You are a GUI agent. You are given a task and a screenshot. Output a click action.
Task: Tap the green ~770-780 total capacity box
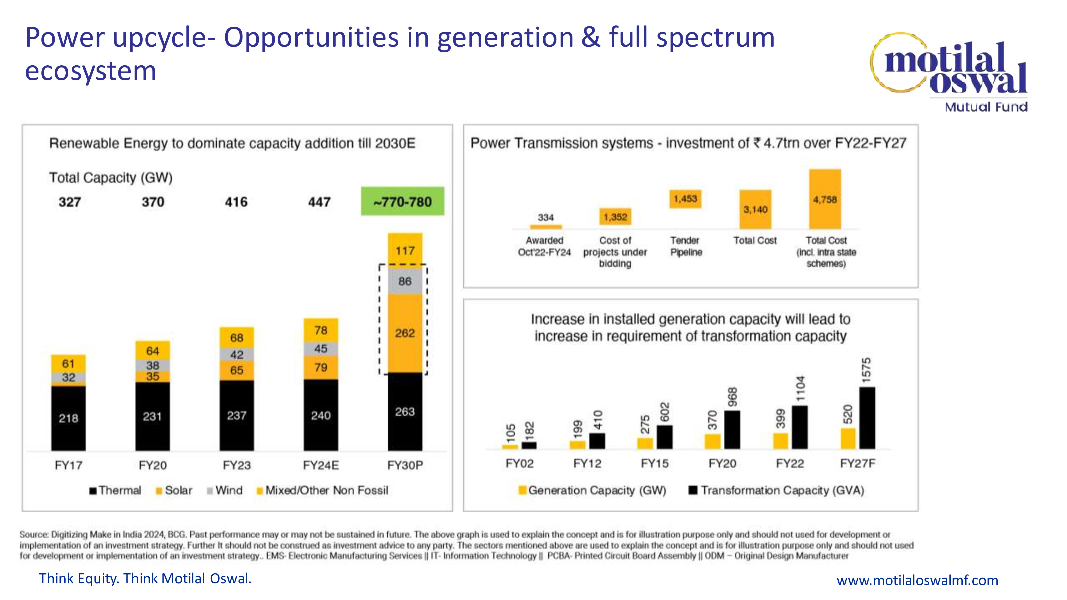click(402, 202)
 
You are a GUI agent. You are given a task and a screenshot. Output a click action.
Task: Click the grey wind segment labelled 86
click(405, 282)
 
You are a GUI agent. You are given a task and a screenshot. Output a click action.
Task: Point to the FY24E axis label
click(321, 465)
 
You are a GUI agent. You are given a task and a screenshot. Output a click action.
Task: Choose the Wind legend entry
click(225, 491)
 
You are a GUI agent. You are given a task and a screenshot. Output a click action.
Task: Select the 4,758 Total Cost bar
click(825, 199)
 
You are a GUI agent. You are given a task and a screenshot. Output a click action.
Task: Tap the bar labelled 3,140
click(755, 210)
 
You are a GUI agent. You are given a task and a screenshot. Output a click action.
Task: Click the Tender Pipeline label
click(686, 246)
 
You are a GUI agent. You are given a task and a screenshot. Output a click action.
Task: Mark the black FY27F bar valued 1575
click(867, 418)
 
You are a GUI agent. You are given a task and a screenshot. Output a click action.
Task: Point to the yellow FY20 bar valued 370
click(712, 441)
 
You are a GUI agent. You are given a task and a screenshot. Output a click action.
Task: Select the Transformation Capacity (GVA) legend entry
click(776, 491)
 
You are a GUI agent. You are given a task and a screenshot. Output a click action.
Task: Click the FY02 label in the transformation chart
click(519, 463)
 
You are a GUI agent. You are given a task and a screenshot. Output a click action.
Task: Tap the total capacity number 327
click(70, 202)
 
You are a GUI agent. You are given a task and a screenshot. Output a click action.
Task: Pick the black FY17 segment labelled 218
click(68, 418)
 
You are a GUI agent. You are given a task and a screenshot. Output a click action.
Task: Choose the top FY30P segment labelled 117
click(405, 250)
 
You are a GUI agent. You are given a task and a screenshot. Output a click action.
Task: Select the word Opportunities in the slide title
click(312, 38)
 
